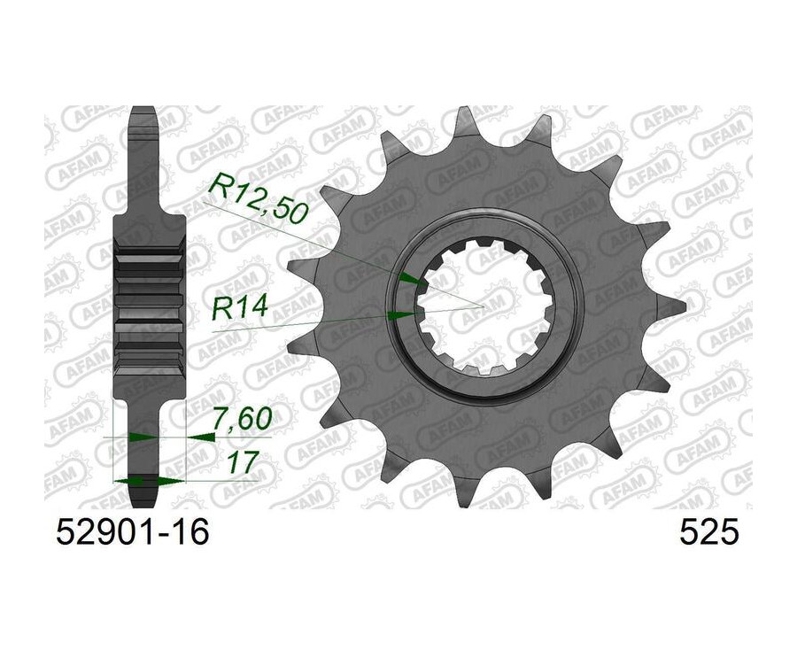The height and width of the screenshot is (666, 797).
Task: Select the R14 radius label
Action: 239,308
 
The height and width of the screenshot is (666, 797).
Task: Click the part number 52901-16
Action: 133,533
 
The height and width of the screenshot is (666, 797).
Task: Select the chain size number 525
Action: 708,533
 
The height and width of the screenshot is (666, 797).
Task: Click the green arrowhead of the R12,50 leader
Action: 410,278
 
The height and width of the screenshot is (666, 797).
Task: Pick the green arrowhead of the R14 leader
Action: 400,315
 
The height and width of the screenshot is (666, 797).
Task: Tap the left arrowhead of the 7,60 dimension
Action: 143,437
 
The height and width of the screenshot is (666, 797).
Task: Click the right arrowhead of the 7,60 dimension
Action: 201,437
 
